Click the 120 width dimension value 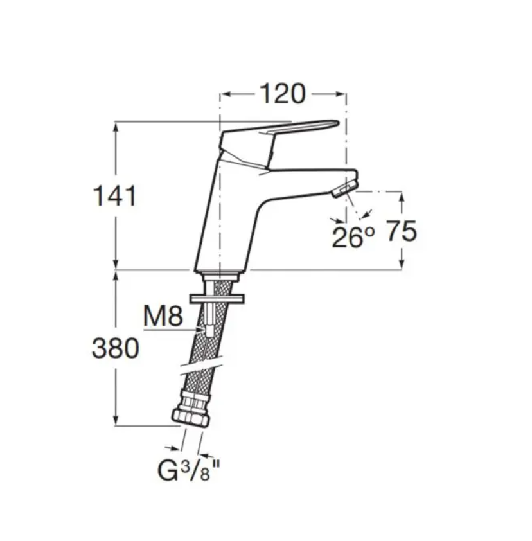[x=282, y=94]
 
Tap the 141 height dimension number [x=115, y=195]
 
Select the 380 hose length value [x=116, y=348]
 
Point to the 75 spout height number [x=401, y=231]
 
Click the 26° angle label [x=353, y=237]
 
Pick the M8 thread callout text [x=163, y=316]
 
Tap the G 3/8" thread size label [x=188, y=470]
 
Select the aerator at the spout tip [x=345, y=189]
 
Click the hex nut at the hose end [x=190, y=418]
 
